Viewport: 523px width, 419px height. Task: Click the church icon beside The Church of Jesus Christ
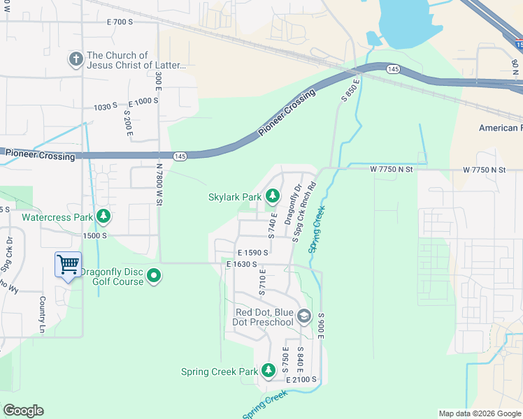(x=76, y=59)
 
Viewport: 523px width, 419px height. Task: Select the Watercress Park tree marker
(x=104, y=216)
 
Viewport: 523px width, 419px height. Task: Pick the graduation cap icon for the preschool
(x=303, y=316)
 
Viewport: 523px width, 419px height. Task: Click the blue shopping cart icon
(x=68, y=265)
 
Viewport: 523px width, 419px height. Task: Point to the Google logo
(x=23, y=411)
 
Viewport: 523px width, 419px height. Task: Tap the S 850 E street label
(x=350, y=90)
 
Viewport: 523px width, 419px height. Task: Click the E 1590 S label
(x=253, y=253)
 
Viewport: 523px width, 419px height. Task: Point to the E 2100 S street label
(x=302, y=379)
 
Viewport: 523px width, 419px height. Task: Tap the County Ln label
(x=43, y=315)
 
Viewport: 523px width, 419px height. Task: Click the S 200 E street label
(x=128, y=121)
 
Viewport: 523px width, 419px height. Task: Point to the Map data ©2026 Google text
(x=479, y=413)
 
